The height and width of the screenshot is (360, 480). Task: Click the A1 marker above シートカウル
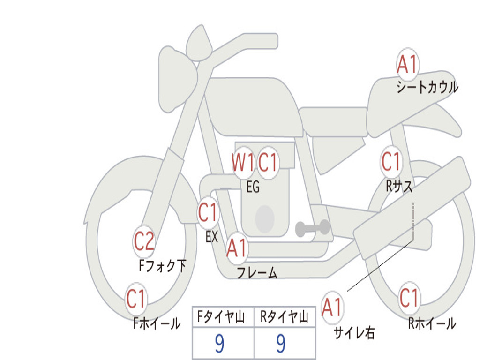(407, 64)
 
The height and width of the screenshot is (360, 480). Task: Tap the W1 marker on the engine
(243, 162)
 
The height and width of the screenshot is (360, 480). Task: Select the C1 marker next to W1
(268, 162)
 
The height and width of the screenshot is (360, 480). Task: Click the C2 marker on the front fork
(144, 241)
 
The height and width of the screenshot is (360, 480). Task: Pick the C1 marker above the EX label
(208, 212)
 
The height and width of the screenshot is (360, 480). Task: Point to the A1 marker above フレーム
(237, 247)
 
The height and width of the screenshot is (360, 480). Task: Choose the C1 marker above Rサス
(391, 161)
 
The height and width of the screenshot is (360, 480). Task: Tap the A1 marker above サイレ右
(332, 307)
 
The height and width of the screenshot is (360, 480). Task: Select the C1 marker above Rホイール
(409, 298)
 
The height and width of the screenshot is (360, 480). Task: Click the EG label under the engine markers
(253, 187)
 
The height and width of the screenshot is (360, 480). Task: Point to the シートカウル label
(427, 87)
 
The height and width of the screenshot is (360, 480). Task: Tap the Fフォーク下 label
(163, 265)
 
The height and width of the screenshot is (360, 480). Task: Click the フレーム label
(257, 272)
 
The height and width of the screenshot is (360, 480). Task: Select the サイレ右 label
(354, 332)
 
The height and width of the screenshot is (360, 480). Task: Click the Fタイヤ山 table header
(221, 316)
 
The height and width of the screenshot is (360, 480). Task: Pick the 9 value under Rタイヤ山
(281, 343)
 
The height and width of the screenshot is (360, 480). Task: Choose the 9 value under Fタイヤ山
(219, 343)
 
